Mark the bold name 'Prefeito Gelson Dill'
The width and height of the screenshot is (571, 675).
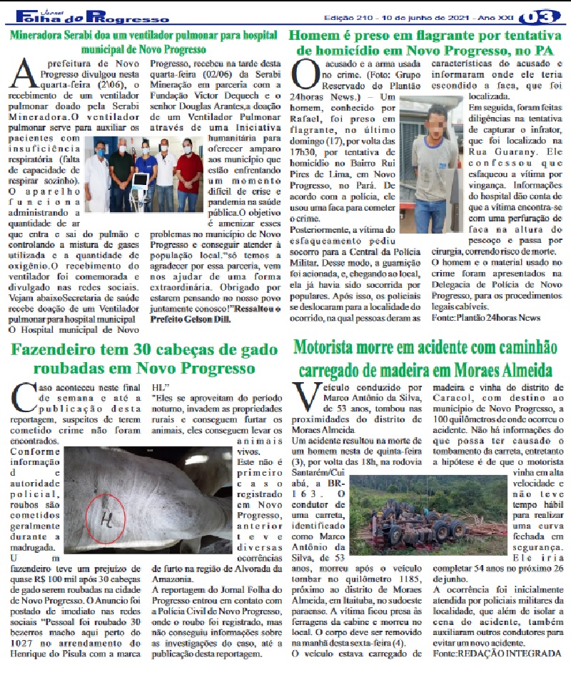click(191, 319)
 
